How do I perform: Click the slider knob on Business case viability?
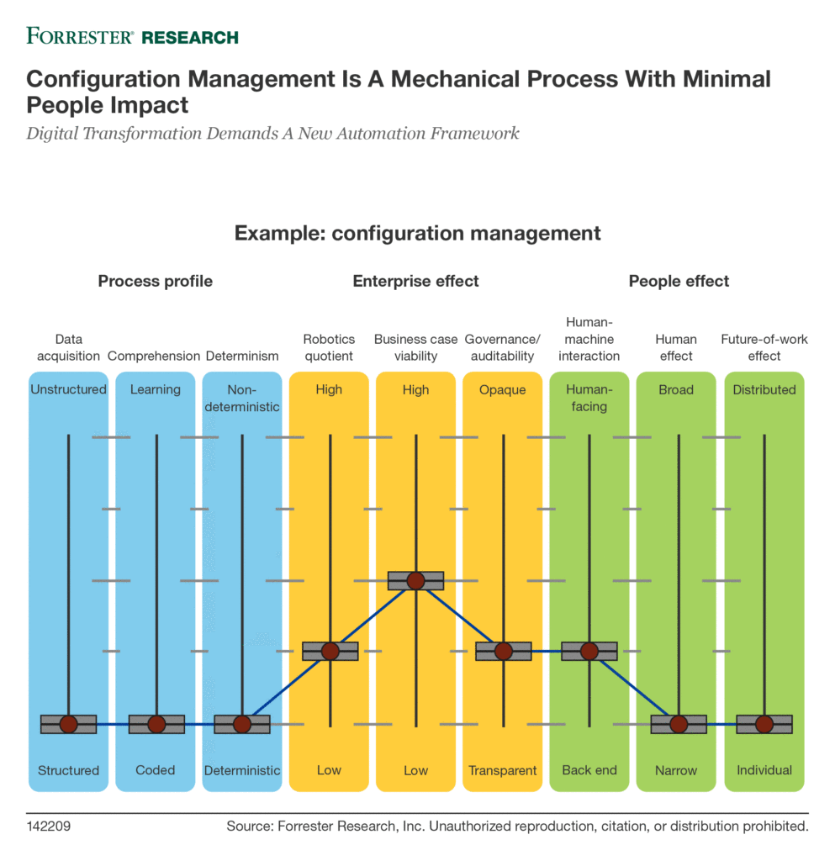coord(415,580)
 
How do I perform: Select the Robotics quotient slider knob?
coord(330,652)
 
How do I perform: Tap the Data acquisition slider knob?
coord(69,724)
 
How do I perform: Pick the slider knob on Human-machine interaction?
coord(589,652)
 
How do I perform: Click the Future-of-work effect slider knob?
coord(764,724)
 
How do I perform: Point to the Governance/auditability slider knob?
coord(504,652)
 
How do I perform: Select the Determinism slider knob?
coord(242,724)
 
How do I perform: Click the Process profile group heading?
coord(156,281)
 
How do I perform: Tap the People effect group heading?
coord(679,281)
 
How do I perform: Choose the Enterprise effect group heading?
coord(415,281)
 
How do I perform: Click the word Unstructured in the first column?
coord(69,389)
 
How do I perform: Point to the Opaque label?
coord(502,390)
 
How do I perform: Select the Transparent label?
coord(502,770)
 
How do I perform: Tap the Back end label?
coord(589,770)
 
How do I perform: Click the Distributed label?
coord(764,389)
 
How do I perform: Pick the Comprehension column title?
coord(154,356)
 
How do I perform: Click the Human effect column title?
coord(676,347)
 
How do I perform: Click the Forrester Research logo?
coord(132,36)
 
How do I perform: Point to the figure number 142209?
coord(48,827)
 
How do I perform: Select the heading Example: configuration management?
coord(417,234)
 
